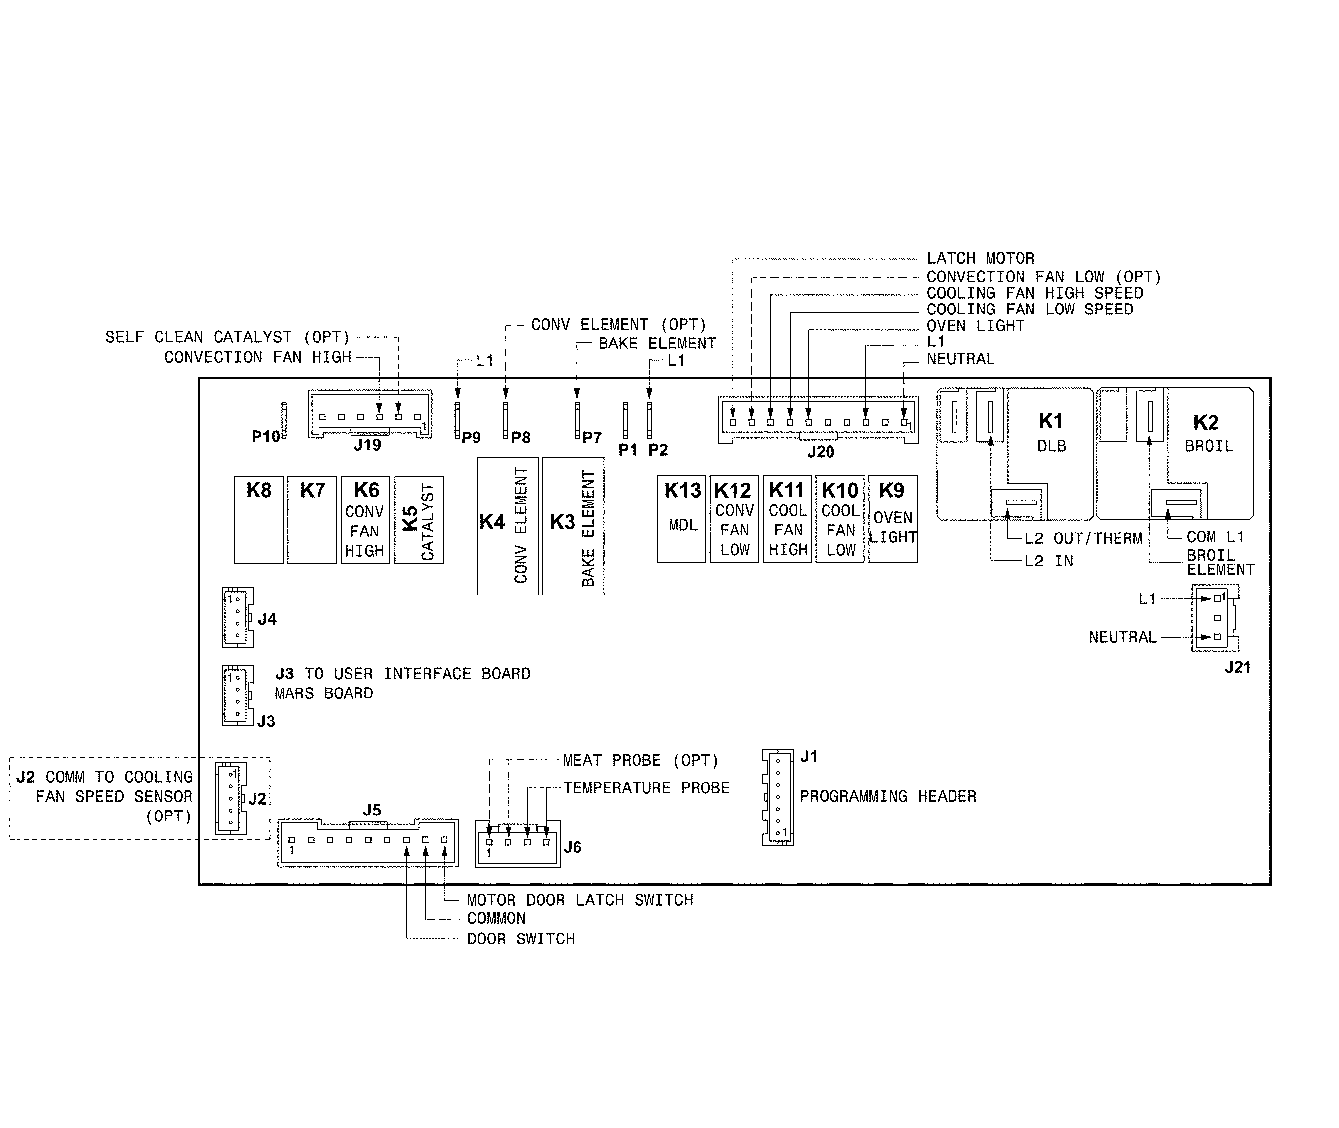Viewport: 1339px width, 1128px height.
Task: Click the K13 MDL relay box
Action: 681,519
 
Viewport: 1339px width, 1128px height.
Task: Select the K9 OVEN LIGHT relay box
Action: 893,519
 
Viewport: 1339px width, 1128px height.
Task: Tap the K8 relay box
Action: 258,519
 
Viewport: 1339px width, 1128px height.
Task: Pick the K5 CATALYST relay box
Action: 418,519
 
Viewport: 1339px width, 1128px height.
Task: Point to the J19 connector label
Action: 367,445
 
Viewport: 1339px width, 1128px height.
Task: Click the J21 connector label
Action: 1237,667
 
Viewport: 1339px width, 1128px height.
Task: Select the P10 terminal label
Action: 265,437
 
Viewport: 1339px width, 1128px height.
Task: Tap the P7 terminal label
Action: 592,438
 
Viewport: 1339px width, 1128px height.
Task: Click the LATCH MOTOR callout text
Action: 980,259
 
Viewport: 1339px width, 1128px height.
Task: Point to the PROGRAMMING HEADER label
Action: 888,797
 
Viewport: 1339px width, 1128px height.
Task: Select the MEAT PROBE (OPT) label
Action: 640,761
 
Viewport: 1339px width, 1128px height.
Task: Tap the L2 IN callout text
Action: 1049,562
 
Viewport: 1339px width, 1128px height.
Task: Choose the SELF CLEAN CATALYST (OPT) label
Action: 227,337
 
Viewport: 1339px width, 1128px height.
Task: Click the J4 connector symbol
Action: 237,617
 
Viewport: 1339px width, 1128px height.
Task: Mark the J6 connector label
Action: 572,847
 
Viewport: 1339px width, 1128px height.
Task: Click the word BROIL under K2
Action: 1209,446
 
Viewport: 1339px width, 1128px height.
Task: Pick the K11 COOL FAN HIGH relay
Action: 788,519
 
